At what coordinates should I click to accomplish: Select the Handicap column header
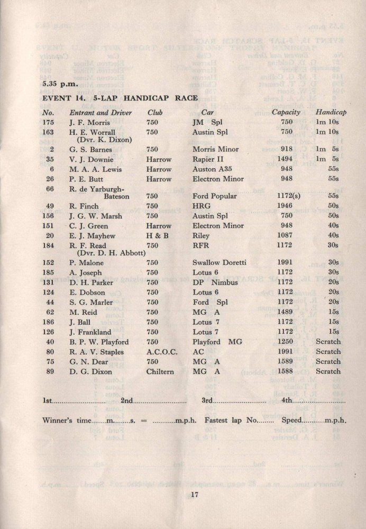pos(331,113)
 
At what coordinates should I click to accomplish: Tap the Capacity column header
pos(286,113)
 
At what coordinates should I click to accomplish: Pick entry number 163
pos(49,132)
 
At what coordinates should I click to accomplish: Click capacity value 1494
pos(286,159)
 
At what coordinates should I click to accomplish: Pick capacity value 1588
pos(286,371)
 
